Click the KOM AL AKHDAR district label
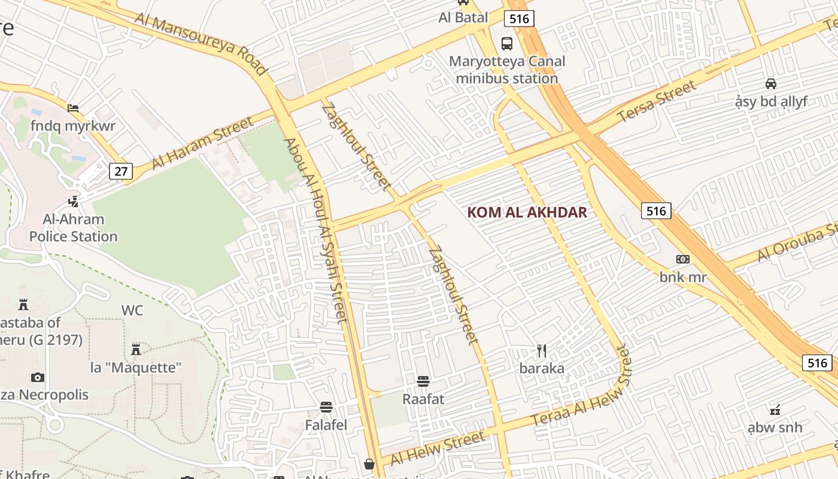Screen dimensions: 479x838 pos(527,213)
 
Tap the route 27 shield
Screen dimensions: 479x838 pos(121,172)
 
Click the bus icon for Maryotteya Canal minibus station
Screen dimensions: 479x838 pos(507,43)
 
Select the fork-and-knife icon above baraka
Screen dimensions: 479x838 pos(542,351)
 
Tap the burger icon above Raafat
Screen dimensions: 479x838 pos(423,381)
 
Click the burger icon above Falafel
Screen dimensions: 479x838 pos(326,408)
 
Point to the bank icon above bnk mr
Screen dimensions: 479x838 pos(683,259)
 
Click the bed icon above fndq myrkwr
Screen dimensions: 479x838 pos(73,108)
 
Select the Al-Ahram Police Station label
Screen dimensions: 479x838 pos(73,228)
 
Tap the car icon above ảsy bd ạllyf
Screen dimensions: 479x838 pos(771,84)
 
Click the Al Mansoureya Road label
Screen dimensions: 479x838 pos(201,44)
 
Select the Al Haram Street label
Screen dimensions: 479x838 pos(202,144)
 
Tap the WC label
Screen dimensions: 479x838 pos(132,310)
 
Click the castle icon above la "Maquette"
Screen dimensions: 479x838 pos(136,348)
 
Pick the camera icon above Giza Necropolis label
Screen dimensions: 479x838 pos(38,377)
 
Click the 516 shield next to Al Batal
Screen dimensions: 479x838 pos(518,19)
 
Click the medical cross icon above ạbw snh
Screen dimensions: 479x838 pos(775,410)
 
